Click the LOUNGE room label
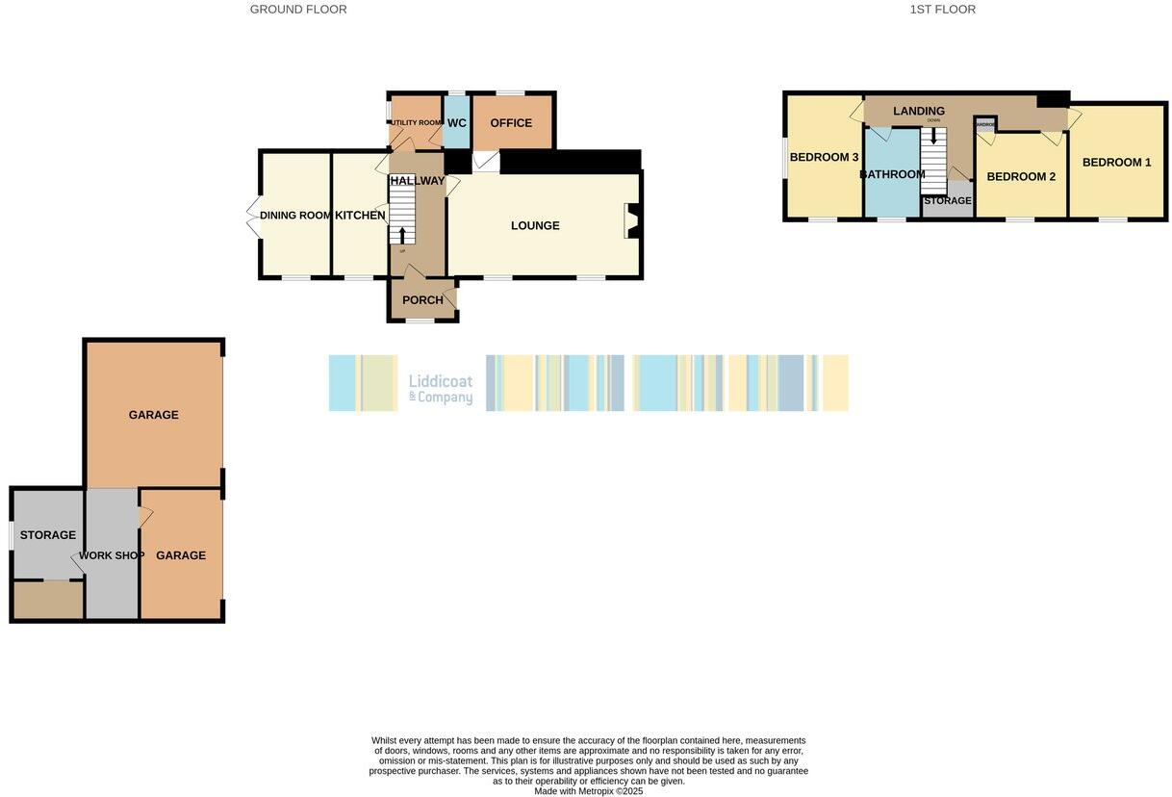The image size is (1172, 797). (x=535, y=226)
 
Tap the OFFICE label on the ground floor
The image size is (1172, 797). (x=511, y=123)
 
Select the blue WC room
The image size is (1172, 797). (x=456, y=123)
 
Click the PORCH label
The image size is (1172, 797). (x=422, y=300)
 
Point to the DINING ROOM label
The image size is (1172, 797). (x=295, y=216)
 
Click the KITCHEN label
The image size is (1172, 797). (x=360, y=216)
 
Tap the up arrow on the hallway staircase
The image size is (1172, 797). (x=402, y=235)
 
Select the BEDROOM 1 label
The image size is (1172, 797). (x=1116, y=163)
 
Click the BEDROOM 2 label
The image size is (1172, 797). (x=1021, y=177)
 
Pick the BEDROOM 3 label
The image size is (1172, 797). (x=824, y=158)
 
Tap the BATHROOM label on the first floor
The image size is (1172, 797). (x=892, y=175)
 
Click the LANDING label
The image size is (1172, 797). (x=919, y=112)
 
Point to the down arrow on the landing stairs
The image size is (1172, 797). (x=932, y=137)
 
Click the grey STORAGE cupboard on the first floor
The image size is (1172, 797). (x=948, y=201)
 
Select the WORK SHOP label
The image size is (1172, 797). (x=112, y=556)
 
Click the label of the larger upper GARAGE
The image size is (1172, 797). (x=154, y=416)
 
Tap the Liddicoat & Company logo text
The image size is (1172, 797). (x=441, y=389)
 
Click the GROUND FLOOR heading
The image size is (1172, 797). (x=298, y=10)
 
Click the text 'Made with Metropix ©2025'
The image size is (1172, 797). (x=588, y=791)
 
